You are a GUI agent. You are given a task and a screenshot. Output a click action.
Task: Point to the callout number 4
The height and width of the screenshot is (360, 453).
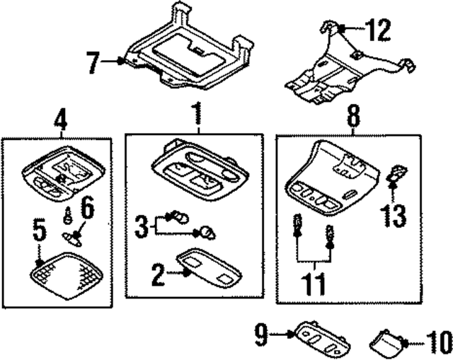61,118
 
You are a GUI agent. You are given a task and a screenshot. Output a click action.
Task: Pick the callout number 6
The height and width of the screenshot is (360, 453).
87,209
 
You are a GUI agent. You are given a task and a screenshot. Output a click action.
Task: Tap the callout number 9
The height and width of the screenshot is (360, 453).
261,333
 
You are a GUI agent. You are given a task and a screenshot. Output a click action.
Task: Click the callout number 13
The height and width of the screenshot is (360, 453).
394,214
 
